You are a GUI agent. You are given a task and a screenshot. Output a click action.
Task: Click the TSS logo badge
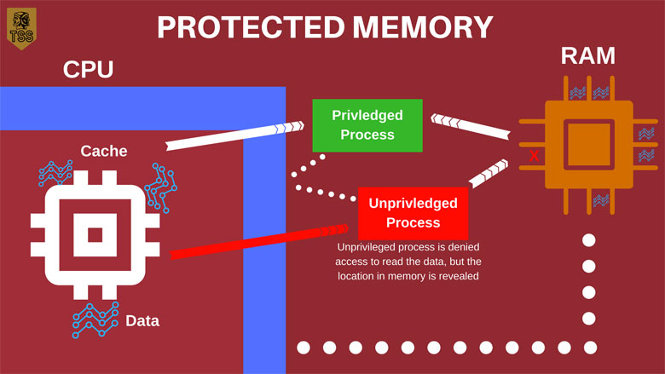21,28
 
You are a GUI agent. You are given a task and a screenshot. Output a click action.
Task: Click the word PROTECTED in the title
251,27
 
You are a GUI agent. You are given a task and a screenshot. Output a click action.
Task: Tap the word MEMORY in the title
423,27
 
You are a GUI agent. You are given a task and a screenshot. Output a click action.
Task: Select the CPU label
88,69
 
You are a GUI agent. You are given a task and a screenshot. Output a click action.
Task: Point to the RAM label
587,55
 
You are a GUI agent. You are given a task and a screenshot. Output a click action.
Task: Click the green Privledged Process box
367,125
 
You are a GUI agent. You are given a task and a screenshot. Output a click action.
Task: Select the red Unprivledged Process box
413,213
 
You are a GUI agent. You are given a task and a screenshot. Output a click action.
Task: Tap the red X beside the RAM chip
534,156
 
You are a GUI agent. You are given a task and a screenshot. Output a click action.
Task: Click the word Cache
104,151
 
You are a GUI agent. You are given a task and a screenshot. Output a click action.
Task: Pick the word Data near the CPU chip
142,321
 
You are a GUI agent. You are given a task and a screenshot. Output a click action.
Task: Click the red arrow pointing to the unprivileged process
259,241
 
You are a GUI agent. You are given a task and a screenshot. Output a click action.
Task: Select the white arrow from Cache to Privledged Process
235,135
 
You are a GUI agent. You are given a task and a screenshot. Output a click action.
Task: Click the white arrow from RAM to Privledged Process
471,126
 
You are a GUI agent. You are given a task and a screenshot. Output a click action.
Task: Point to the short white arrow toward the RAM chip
489,173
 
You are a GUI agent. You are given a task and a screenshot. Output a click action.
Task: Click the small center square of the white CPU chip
95,235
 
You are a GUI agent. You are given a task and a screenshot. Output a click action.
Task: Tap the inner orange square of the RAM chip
588,145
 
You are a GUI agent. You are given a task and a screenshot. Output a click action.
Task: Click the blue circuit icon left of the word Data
95,319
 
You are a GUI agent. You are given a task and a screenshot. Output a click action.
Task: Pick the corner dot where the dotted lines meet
590,348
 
